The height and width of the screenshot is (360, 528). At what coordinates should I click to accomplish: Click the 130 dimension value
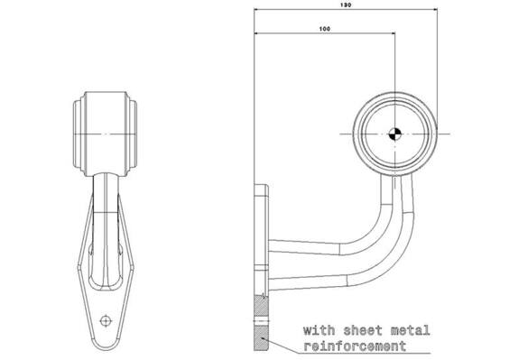coord(346,5)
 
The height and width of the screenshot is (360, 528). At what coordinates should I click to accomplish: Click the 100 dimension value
coord(325,29)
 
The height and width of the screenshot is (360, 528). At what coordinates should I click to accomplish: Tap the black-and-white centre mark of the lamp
coord(394,134)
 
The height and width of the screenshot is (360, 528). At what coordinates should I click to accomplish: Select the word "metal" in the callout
coord(410,330)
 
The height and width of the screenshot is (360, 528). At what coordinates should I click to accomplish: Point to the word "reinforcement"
coord(355,346)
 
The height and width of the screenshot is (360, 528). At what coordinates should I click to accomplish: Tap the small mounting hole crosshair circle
coord(106,320)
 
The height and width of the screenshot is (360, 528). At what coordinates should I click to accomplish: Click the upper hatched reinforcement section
coord(262,307)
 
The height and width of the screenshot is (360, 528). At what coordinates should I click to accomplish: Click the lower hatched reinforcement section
coord(262,339)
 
